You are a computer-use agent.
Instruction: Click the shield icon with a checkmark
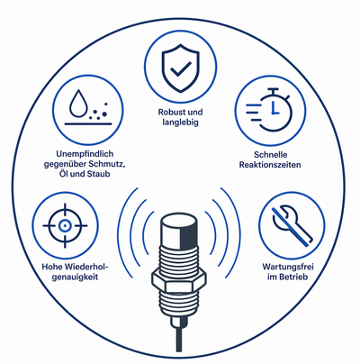(x=180, y=68)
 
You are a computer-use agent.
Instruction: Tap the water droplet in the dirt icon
(x=79, y=104)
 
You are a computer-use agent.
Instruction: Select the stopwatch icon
(x=269, y=109)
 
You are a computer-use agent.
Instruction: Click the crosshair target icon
(x=65, y=225)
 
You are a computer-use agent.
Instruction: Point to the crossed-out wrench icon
(x=292, y=226)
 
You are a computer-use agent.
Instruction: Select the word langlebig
(x=181, y=123)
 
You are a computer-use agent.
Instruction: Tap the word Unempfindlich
(x=85, y=154)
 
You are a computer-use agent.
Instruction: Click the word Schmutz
(x=108, y=164)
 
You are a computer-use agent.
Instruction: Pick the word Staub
(x=99, y=174)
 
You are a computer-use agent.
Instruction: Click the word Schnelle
(x=271, y=155)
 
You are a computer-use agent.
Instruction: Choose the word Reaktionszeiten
(x=270, y=165)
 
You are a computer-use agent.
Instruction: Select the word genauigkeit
(x=75, y=277)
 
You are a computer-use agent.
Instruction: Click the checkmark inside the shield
(x=181, y=68)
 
